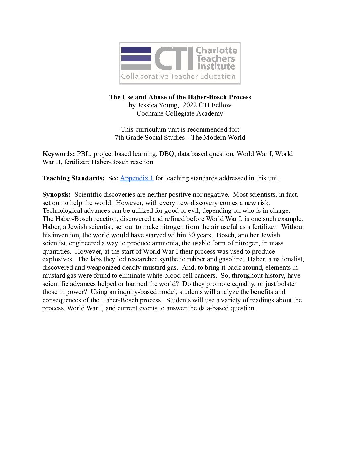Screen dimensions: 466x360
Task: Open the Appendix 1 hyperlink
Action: click(x=136, y=178)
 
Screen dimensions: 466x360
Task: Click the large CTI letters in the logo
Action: click(x=173, y=59)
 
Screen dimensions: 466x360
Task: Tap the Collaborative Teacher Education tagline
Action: click(x=178, y=77)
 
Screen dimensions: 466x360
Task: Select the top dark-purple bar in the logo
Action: click(x=136, y=50)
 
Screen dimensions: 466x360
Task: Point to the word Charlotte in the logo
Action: click(x=216, y=50)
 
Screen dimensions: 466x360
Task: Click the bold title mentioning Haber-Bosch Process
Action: click(x=180, y=97)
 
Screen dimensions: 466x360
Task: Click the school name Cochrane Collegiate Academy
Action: click(x=180, y=113)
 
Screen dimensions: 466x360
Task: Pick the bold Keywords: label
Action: click(x=59, y=154)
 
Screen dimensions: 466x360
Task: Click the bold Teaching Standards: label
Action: click(x=73, y=178)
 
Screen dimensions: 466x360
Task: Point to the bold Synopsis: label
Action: click(x=57, y=194)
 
